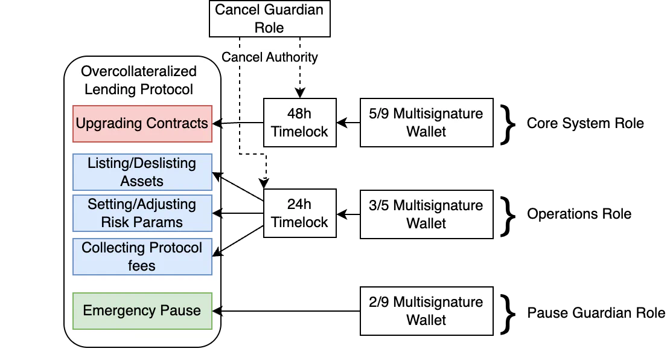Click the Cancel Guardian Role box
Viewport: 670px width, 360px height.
coord(269,19)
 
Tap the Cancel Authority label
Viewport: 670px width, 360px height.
coord(269,57)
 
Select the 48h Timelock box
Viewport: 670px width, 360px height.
coord(299,123)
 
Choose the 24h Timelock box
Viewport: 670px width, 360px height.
coord(299,213)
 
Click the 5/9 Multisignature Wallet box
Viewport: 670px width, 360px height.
coord(426,123)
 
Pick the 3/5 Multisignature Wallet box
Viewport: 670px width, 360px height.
coord(426,214)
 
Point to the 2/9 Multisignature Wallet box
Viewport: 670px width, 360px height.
coord(426,310)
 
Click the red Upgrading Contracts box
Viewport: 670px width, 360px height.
coord(142,124)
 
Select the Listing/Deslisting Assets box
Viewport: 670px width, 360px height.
coord(142,172)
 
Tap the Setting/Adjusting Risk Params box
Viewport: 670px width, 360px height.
coord(142,213)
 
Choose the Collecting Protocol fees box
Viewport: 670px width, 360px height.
coord(142,257)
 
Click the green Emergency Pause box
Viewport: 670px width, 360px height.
coord(142,310)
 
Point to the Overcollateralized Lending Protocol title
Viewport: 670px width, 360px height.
coord(139,80)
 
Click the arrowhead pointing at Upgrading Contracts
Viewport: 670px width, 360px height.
coord(217,124)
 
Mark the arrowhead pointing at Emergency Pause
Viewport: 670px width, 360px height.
coord(217,310)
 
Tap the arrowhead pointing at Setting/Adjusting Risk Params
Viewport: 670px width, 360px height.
coord(217,213)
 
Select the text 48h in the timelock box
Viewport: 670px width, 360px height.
coord(299,114)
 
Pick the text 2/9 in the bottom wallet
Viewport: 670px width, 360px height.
coord(378,302)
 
